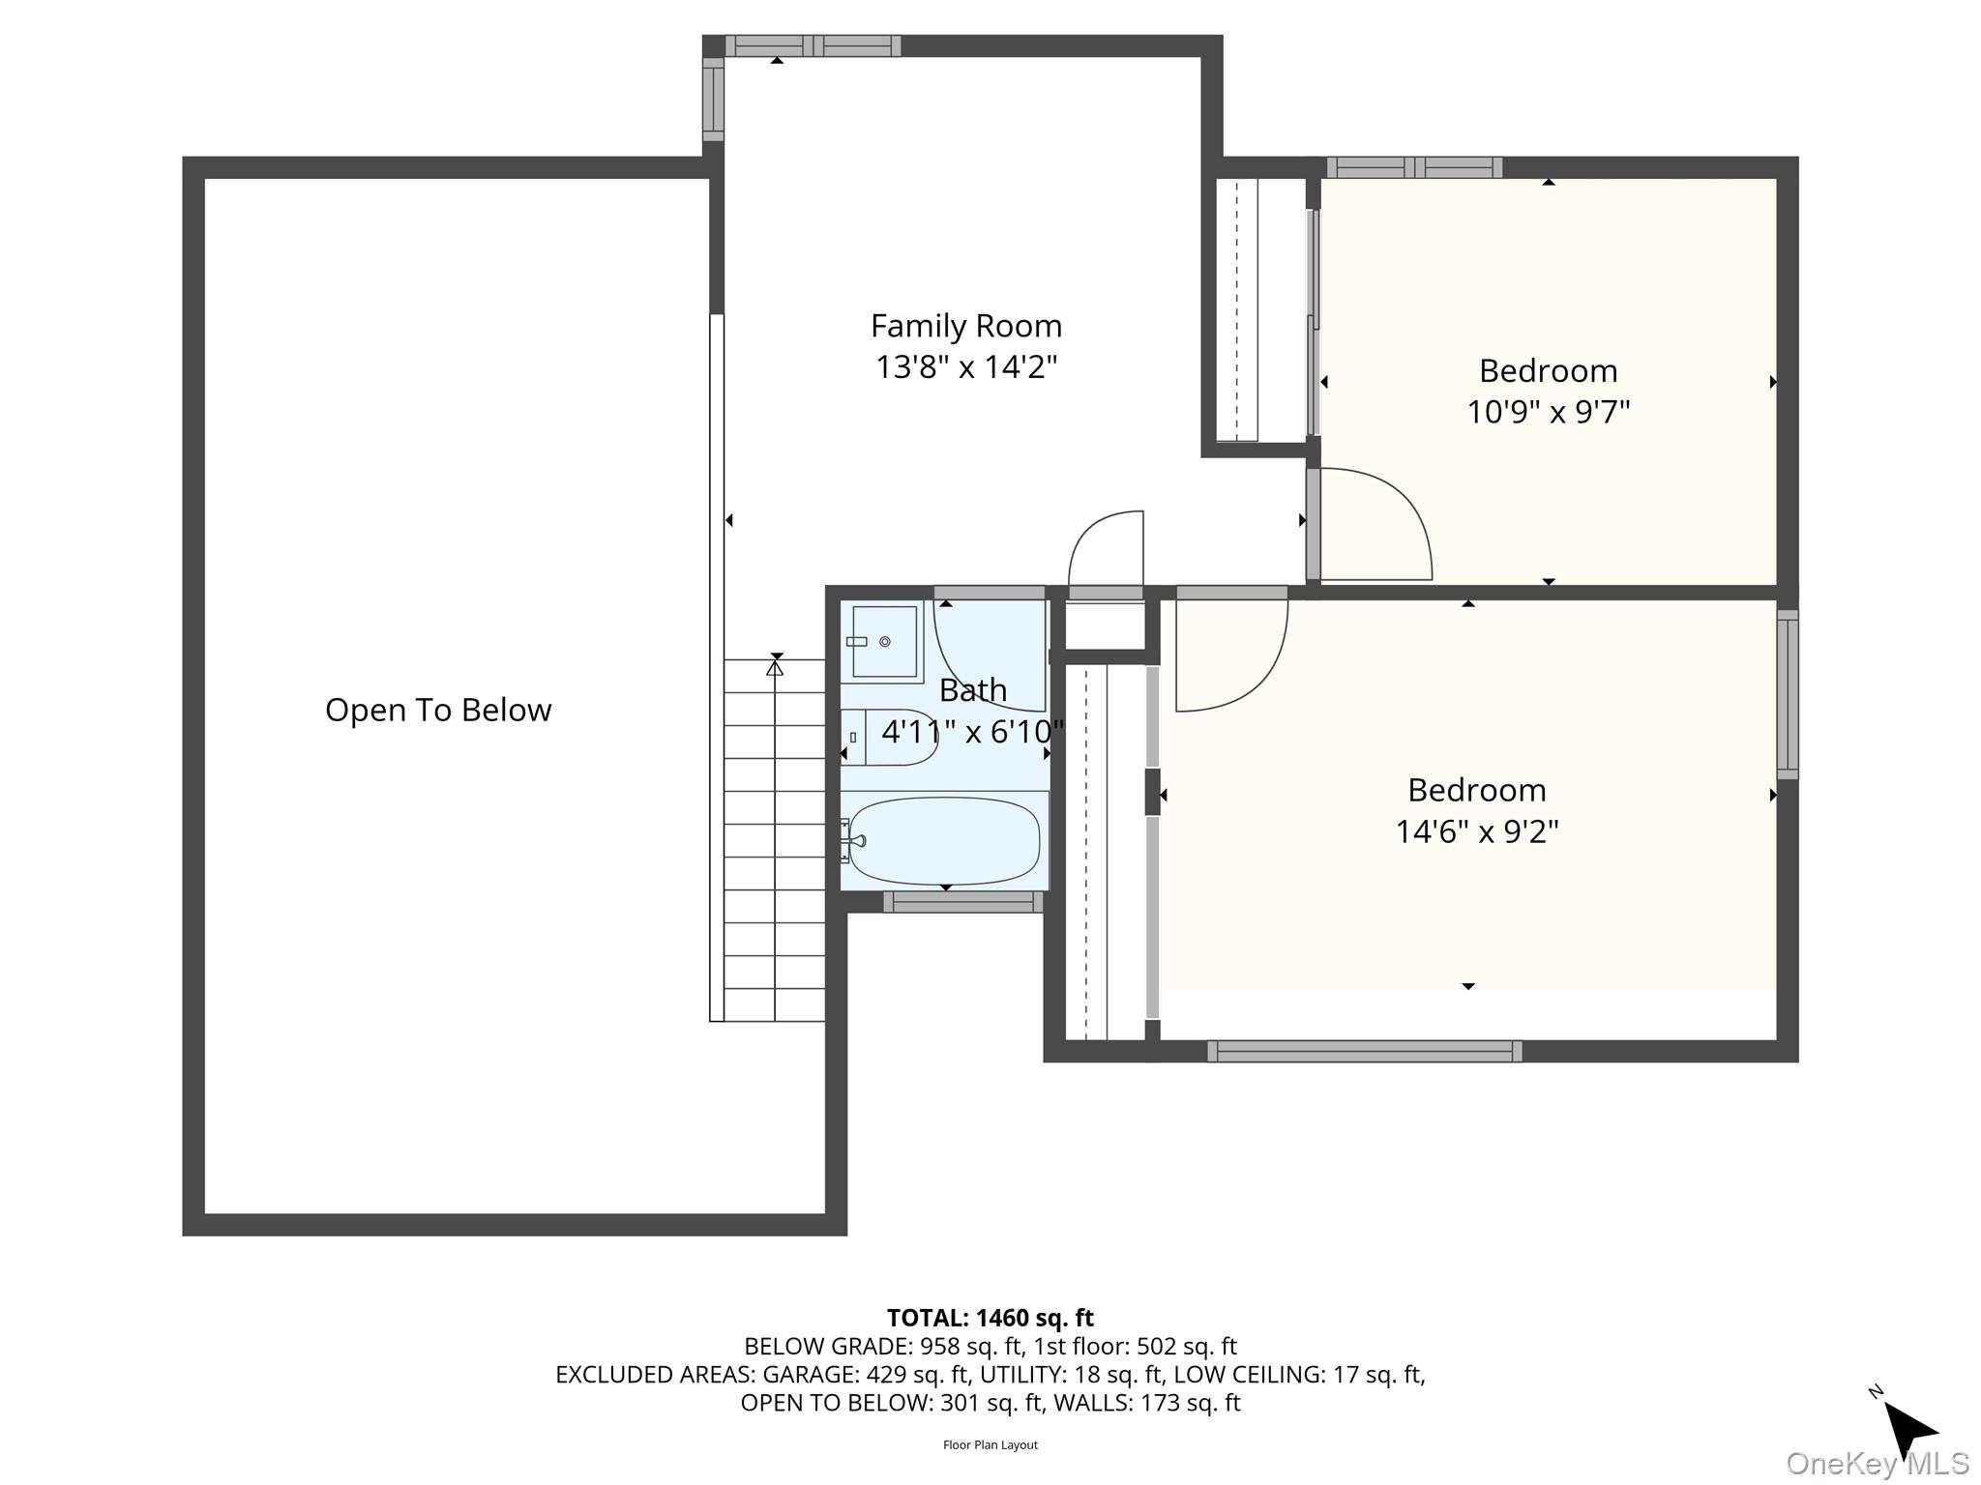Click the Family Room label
point(965,326)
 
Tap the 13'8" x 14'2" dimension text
point(965,367)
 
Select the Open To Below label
point(438,710)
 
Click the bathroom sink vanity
point(881,641)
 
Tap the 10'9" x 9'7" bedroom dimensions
point(1548,412)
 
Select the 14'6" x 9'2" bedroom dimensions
point(1476,831)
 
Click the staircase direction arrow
point(775,667)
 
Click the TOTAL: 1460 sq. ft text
point(990,1318)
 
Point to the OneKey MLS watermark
point(1877,1463)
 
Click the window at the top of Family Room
point(813,45)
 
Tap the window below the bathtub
point(962,902)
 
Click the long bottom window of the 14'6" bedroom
point(1364,1051)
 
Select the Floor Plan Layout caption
point(990,1445)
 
